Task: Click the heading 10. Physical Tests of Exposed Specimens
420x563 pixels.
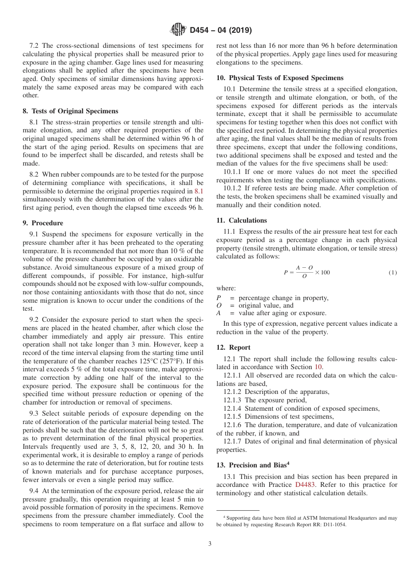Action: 279,78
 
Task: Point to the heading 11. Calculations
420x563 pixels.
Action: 241,220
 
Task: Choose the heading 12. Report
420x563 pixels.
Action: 233,347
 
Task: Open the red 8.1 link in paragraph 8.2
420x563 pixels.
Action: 199,191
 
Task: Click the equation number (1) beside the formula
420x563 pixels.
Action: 393,273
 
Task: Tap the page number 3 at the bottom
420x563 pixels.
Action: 210,544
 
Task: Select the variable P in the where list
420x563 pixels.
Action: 219,298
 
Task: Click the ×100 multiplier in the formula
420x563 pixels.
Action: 322,273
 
